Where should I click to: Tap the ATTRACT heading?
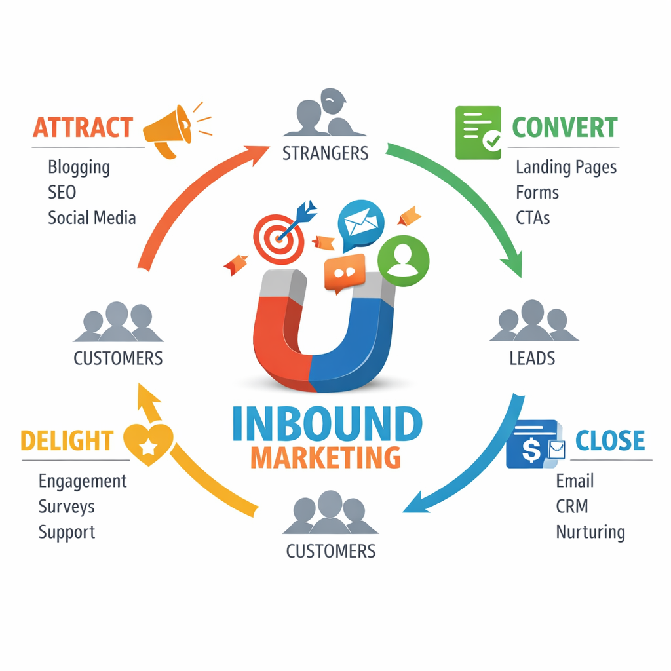pos(83,127)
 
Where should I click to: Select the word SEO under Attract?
pos(62,192)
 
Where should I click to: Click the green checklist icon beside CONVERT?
pos(478,132)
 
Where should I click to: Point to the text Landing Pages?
pos(566,167)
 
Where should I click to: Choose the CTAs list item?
pos(533,218)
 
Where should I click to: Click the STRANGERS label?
pos(325,153)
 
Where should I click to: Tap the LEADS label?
pos(532,358)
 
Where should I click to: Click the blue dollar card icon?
pos(534,444)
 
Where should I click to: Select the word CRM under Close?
pos(571,506)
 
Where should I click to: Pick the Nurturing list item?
pos(590,531)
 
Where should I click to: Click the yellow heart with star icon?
pos(148,443)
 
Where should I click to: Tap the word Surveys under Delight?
pos(66,507)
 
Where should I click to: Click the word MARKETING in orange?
pos(326,456)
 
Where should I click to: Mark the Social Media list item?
pos(92,218)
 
